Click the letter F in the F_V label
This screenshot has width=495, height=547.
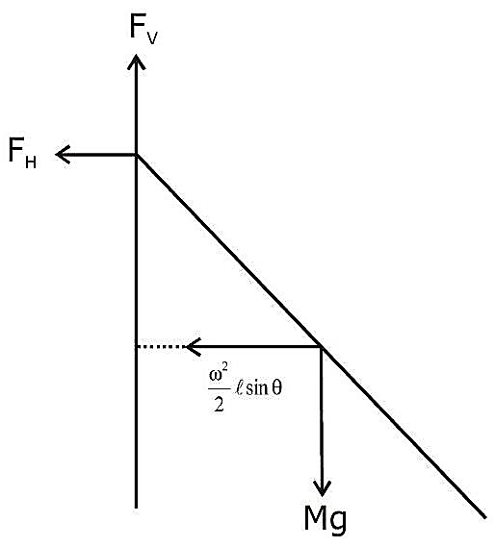point(138,27)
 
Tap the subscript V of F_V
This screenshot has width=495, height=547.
point(152,38)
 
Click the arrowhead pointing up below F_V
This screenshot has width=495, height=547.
point(136,62)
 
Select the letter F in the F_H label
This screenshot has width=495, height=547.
point(16,150)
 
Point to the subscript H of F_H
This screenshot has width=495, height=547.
point(31,162)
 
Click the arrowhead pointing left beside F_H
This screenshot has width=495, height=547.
point(64,155)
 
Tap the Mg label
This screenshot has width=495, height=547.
point(326,520)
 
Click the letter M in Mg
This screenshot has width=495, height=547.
point(316,516)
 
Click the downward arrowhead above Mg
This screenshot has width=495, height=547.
point(322,488)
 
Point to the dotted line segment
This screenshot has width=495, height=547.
point(160,346)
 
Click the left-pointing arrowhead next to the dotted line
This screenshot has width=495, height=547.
point(194,346)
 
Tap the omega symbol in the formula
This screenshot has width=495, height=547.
point(215,377)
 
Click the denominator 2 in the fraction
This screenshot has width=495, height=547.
point(220,404)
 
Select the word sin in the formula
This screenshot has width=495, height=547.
point(258,388)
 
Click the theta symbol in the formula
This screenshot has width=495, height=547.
point(276,388)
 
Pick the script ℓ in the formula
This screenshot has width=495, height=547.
point(240,388)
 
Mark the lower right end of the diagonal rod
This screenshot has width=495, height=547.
point(484,517)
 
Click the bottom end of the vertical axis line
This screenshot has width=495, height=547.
point(136,508)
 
